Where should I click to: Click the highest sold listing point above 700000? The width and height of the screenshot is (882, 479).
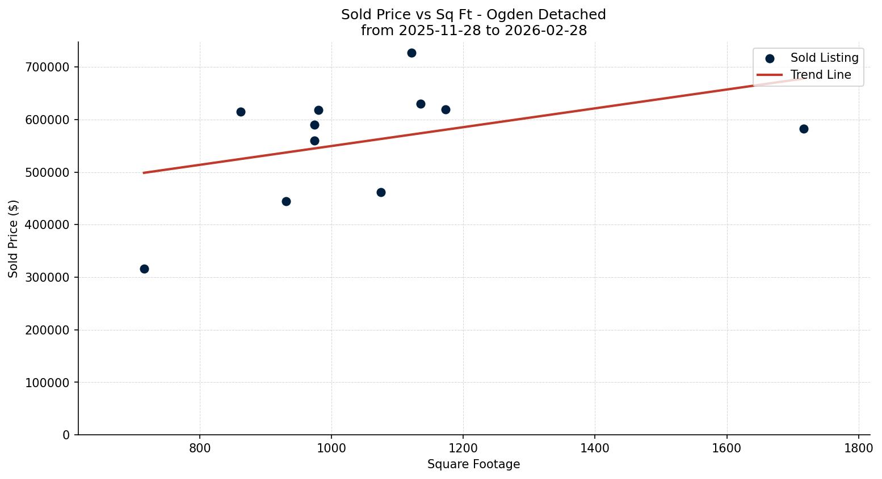point(411,53)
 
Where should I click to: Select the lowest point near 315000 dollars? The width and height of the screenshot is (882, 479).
point(144,269)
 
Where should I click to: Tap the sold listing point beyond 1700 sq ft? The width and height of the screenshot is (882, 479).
point(804,129)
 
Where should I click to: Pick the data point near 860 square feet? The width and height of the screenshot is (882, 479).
point(241,112)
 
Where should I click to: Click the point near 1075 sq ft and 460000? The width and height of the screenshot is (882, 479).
point(381,193)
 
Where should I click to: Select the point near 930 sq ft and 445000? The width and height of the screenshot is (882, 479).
point(286,202)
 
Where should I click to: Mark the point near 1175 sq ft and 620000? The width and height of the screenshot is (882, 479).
point(446,110)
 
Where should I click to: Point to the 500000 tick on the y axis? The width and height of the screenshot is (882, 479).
point(48,172)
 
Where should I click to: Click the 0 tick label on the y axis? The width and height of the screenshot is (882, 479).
point(66,435)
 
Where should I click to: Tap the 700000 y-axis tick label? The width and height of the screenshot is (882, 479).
point(48,67)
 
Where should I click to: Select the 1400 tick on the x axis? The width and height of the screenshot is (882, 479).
point(595,448)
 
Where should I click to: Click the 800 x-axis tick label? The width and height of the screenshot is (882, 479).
point(200,448)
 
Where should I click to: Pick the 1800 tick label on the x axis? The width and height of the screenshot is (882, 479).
point(858,448)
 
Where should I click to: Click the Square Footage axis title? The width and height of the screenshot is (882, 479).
point(473,464)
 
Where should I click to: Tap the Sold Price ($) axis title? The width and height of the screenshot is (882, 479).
point(13,239)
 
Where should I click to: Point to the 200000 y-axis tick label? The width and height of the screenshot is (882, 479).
point(48,330)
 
